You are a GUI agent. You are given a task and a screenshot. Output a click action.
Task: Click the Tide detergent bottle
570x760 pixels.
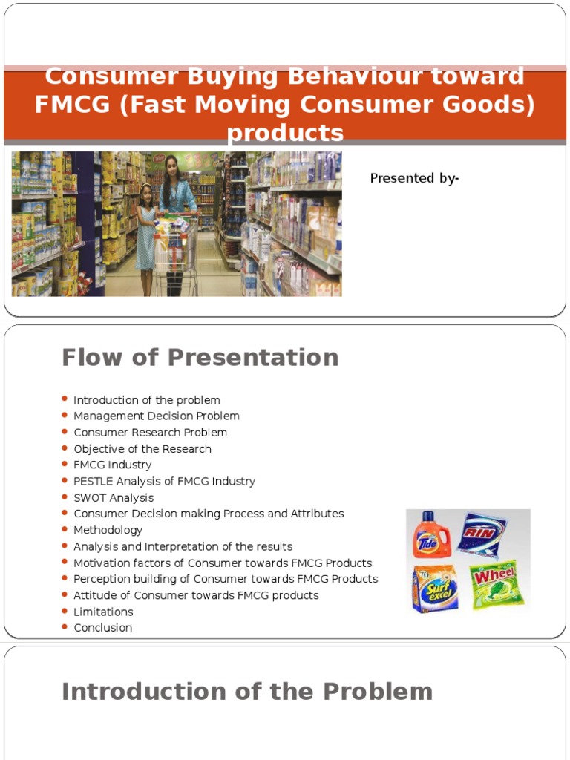428,534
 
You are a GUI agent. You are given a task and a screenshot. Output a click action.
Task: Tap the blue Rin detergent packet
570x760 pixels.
482,534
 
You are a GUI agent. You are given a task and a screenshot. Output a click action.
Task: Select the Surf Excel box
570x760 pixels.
434,588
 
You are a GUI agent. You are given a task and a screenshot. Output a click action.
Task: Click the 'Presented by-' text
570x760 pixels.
414,178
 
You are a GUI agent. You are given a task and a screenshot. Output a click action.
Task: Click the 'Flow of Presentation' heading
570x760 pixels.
200,358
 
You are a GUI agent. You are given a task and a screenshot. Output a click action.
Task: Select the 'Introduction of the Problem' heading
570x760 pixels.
246,692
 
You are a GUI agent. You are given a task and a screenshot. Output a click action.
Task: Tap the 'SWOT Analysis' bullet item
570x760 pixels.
114,497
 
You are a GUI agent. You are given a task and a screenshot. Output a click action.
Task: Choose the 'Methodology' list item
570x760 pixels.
108,530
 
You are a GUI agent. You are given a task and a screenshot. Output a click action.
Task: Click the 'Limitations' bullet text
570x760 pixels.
103,612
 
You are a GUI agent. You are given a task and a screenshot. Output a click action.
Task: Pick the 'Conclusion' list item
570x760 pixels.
102,628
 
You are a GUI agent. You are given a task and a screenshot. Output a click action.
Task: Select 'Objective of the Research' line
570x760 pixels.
142,449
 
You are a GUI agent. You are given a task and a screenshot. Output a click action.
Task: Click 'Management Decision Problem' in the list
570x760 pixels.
156,416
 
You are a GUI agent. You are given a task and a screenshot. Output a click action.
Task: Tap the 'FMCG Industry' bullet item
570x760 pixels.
112,465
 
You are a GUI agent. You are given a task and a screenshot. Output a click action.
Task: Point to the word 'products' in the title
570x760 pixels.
285,133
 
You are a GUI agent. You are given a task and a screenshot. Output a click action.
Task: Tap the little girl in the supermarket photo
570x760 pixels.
145,230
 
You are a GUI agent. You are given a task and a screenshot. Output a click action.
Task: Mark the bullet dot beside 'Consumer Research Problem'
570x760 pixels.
65,432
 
